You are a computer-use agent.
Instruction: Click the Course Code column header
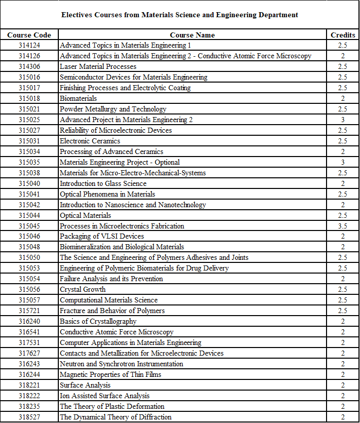(29, 35)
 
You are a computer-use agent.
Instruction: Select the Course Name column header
(192, 35)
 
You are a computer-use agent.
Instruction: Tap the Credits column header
(343, 35)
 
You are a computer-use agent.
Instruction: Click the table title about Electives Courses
(179, 15)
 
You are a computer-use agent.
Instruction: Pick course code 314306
(29, 66)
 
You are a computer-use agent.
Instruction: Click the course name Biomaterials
(78, 98)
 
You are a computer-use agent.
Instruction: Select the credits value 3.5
(343, 226)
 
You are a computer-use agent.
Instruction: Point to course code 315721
(29, 311)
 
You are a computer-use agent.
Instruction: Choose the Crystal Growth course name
(83, 289)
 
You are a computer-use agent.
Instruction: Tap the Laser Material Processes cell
(98, 66)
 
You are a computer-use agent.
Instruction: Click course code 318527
(29, 417)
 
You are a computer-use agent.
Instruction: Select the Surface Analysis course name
(85, 385)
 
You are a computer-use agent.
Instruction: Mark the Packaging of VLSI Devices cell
(102, 236)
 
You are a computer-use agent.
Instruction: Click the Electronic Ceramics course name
(90, 141)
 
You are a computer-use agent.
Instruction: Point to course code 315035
(29, 162)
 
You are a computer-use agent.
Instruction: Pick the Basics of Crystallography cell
(98, 321)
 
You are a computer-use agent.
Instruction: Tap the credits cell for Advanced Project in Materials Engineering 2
(343, 120)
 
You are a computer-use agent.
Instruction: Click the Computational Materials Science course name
(109, 300)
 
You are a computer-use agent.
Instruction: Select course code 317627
(29, 353)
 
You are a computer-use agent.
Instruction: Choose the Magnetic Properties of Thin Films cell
(111, 374)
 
